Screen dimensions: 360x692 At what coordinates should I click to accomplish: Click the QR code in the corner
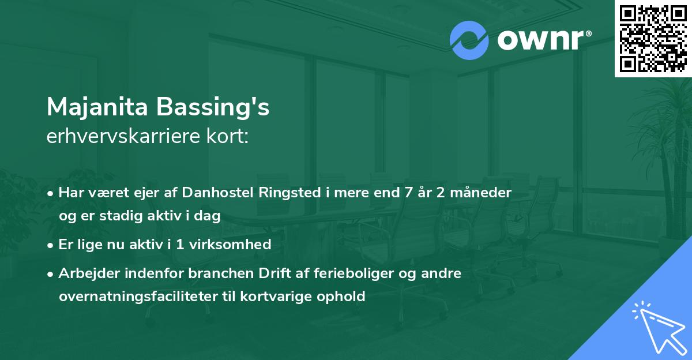coord(653,39)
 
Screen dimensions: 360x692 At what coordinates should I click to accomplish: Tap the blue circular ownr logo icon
coord(469,40)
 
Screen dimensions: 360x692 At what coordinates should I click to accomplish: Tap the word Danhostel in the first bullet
coord(216,193)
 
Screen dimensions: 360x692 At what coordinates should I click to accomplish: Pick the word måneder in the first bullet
coord(483,193)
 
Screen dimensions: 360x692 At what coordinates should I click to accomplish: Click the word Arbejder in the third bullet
coord(85,273)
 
